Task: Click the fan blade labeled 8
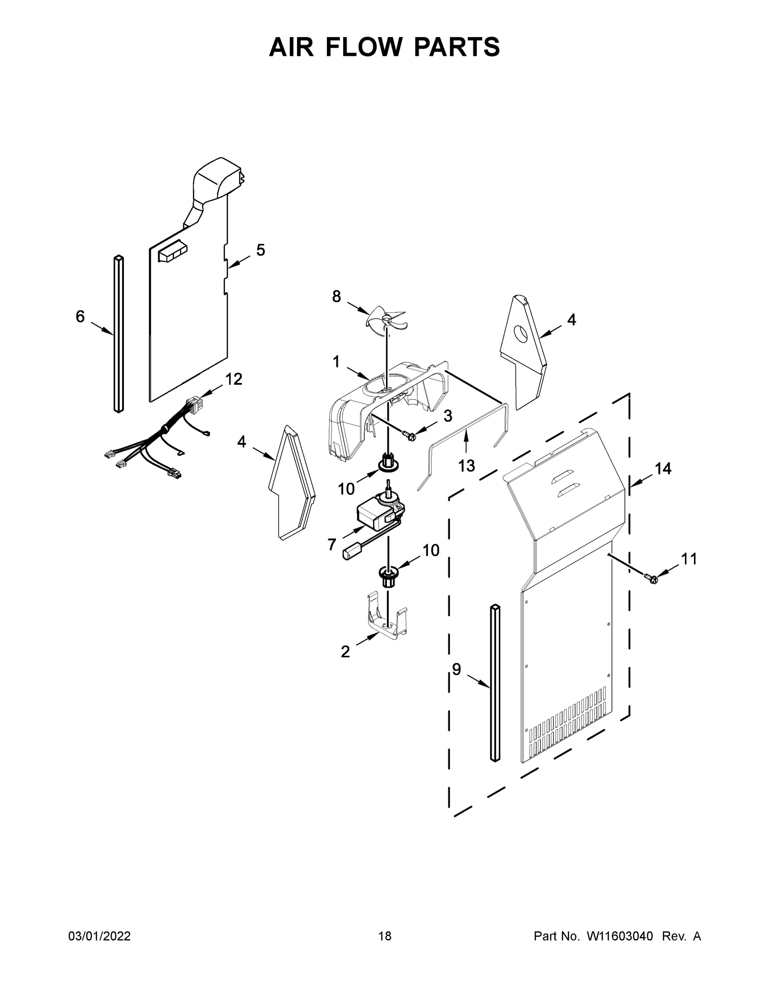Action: point(386,319)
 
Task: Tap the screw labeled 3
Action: point(410,436)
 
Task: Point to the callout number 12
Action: point(234,379)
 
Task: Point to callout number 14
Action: point(663,468)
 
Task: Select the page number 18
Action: point(384,949)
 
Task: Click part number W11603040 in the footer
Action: point(619,949)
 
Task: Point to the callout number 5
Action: point(260,250)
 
